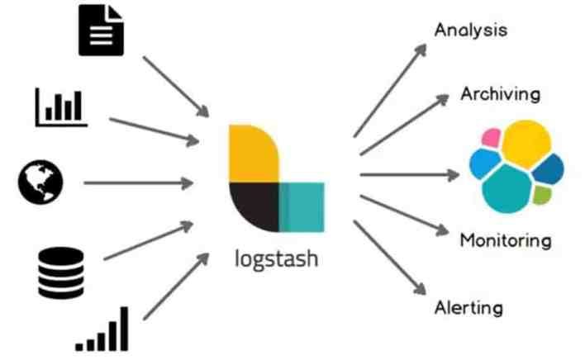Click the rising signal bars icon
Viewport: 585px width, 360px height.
(x=103, y=329)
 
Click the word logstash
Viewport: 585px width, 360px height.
(x=276, y=260)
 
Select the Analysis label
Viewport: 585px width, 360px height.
(x=470, y=31)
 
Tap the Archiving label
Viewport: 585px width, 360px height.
(x=500, y=93)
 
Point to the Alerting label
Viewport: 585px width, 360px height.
(x=468, y=309)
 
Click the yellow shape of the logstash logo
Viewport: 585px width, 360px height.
(x=253, y=154)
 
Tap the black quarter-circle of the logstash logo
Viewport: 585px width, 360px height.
(x=252, y=207)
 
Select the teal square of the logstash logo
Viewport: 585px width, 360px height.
(x=301, y=209)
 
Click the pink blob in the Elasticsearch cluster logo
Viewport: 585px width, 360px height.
(x=492, y=137)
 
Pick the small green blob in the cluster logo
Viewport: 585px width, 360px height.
(x=542, y=196)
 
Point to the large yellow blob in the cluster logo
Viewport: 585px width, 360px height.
(x=525, y=142)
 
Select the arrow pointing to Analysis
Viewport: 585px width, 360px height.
(x=388, y=91)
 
